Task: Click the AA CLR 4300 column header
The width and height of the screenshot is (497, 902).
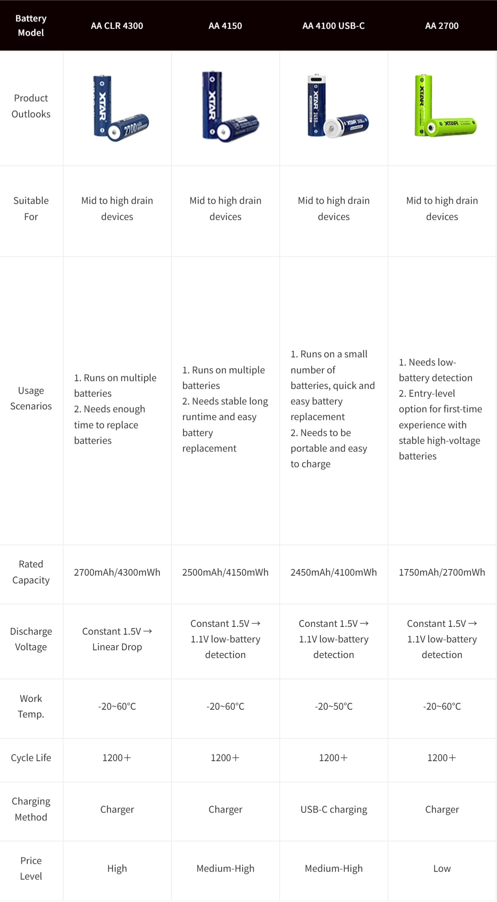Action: (117, 26)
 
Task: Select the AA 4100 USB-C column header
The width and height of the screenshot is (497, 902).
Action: (333, 26)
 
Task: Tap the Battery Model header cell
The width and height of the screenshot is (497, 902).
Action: (31, 25)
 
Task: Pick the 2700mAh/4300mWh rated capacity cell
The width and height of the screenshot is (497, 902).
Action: (117, 572)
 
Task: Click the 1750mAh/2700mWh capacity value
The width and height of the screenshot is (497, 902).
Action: (442, 572)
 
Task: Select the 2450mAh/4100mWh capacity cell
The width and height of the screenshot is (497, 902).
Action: (333, 572)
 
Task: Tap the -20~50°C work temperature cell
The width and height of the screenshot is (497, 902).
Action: (333, 706)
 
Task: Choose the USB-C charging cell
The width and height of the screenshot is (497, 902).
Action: (333, 809)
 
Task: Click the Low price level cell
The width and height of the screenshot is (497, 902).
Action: (442, 868)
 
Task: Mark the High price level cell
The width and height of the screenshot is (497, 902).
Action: (117, 868)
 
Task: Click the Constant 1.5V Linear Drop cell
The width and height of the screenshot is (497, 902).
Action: (117, 639)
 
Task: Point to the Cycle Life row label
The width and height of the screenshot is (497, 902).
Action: (31, 758)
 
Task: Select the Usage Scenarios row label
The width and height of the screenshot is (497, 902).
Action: (31, 398)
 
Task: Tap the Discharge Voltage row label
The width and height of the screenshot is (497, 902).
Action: (31, 639)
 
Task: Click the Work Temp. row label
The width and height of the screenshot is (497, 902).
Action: (31, 706)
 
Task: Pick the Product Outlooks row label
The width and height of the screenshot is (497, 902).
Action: (31, 106)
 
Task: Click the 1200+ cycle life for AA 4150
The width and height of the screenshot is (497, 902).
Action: (225, 758)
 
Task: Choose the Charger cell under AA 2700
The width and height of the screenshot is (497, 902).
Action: (442, 809)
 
